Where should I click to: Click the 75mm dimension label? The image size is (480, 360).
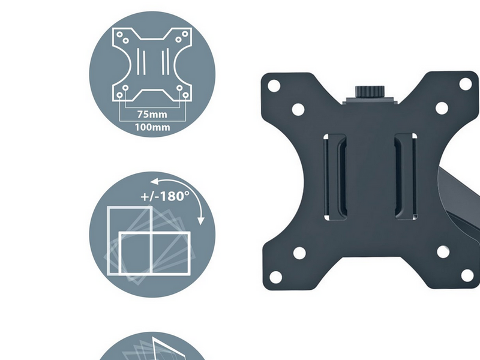[x=152, y=115]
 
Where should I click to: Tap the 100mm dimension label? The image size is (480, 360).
[x=152, y=127]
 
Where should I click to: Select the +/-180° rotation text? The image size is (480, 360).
[x=165, y=196]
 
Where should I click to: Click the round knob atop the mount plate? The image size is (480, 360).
[x=370, y=92]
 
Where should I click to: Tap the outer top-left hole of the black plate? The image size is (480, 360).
[x=274, y=86]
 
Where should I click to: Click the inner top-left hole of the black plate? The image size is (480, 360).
[x=298, y=109]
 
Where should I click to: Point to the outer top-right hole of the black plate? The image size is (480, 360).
[x=466, y=84]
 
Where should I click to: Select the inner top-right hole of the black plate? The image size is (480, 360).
[x=442, y=108]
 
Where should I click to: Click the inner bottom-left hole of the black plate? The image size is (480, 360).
[x=299, y=253]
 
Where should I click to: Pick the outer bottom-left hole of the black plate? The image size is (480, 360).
[x=275, y=277]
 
